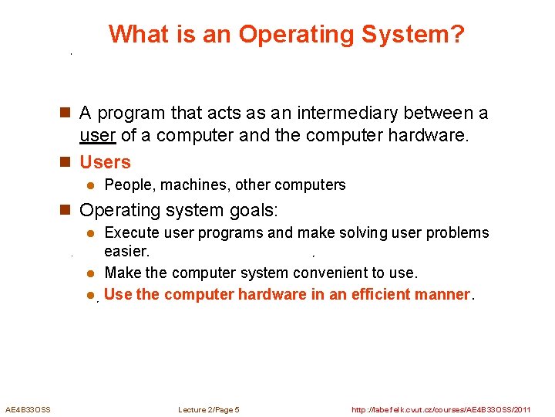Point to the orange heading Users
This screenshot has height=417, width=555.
tap(106, 162)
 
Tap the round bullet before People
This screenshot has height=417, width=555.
tap(89, 185)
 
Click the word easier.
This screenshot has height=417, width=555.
tap(127, 252)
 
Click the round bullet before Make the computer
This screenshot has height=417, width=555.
tap(89, 273)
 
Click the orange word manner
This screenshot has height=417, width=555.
tap(442, 294)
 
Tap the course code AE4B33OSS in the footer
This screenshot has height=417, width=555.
tap(28, 409)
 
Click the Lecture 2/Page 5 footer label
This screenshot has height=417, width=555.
tap(209, 409)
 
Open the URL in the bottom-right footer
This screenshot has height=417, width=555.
tap(441, 409)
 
